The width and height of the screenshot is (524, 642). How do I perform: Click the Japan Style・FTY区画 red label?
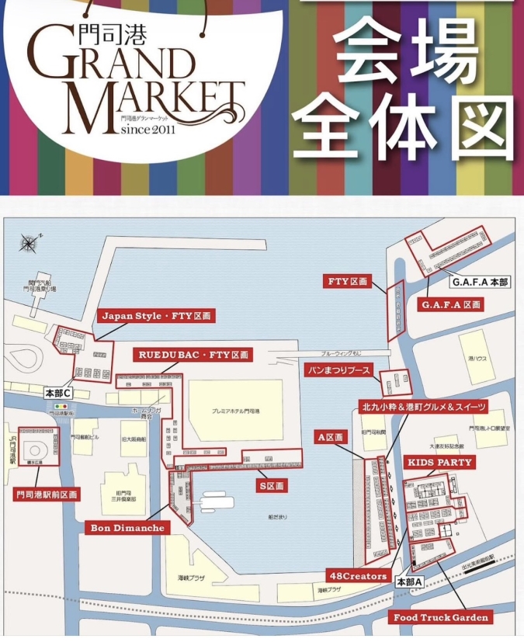(155, 316)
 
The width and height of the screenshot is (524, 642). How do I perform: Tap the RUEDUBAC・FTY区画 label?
(194, 355)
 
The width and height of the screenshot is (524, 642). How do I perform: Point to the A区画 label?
(330, 438)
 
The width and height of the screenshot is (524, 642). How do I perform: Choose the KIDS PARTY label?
(439, 462)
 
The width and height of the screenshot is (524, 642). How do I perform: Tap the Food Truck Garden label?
(441, 617)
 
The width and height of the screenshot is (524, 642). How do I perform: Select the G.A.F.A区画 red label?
(450, 305)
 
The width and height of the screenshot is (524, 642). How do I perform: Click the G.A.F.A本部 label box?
(481, 282)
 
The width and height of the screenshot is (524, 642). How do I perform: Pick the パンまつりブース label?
(338, 370)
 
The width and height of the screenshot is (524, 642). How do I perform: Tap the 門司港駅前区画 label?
(47, 494)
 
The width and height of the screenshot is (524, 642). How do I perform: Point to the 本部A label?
(409, 581)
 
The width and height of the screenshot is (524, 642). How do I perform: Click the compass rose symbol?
(29, 242)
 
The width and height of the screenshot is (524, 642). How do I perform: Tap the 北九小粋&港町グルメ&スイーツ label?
(424, 406)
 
